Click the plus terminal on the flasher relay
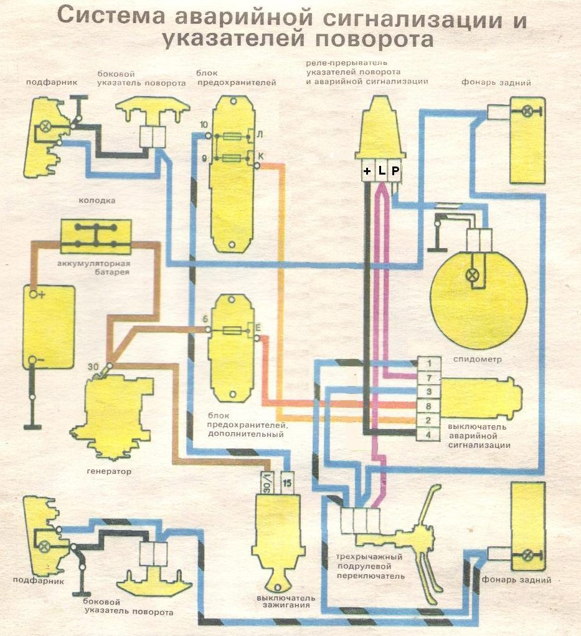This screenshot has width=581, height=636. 367,170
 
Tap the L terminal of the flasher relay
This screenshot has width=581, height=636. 381,170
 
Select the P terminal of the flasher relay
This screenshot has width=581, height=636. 395,170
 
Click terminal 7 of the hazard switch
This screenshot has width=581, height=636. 429,377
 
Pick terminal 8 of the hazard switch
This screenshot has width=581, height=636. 429,406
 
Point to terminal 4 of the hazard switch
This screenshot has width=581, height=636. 429,434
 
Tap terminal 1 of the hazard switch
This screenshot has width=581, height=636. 429,363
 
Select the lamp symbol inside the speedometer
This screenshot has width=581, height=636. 473,274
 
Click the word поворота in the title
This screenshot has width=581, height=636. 374,39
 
